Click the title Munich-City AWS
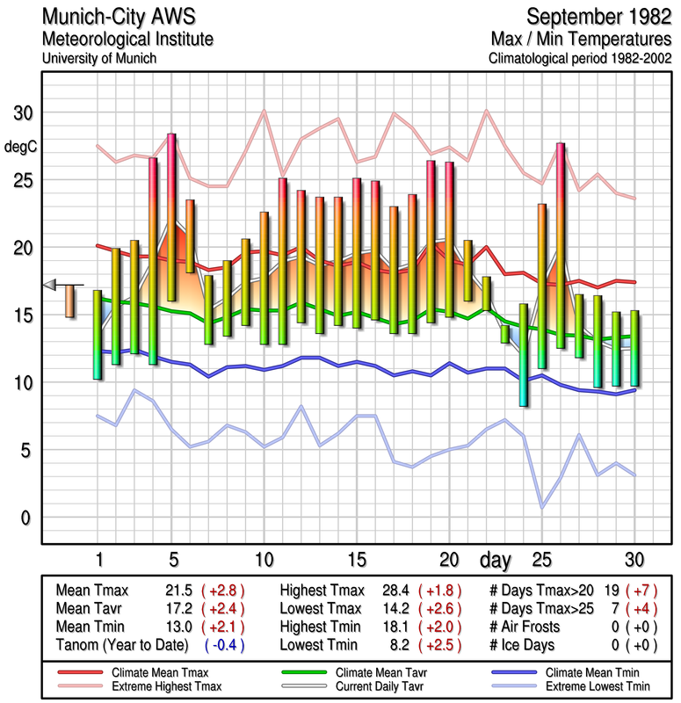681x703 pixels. click(113, 18)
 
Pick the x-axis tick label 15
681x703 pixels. click(357, 559)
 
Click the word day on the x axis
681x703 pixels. click(496, 559)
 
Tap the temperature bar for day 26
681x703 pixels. click(560, 245)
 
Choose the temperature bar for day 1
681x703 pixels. click(98, 335)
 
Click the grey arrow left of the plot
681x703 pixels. click(50, 284)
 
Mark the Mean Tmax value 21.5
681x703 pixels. click(177, 591)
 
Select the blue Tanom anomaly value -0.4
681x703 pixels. click(223, 645)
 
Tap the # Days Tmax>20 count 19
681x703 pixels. click(612, 591)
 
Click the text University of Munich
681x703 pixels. click(99, 58)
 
